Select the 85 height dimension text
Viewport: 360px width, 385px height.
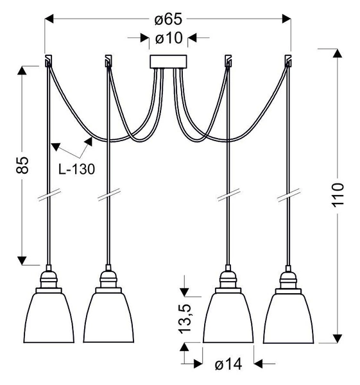[22, 166]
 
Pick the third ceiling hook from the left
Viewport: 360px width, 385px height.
[227, 62]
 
